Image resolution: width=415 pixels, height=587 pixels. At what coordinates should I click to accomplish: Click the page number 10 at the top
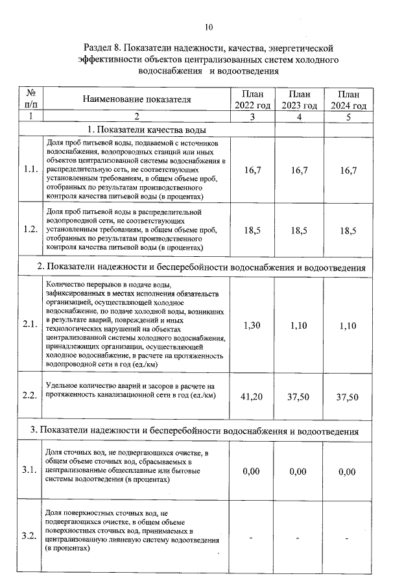pos(208,27)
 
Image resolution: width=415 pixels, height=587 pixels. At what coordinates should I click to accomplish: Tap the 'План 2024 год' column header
pos(348,100)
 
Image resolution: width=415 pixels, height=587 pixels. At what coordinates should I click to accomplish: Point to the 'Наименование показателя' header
pos(137,99)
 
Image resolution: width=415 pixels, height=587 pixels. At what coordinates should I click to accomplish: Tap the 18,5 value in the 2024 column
pos(348,230)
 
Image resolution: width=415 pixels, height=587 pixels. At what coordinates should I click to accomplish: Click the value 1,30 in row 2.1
pos(252,326)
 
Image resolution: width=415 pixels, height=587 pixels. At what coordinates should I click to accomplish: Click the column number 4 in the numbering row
pos(299,116)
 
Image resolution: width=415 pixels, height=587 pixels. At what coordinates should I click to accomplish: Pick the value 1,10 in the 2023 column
pos(299,326)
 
